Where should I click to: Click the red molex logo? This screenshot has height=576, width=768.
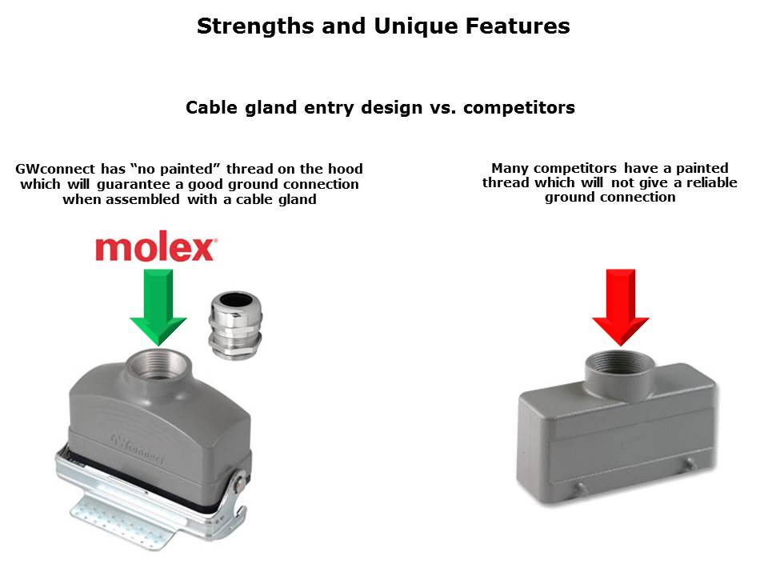pyautogui.click(x=156, y=249)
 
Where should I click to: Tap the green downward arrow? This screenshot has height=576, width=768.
pyautogui.click(x=158, y=306)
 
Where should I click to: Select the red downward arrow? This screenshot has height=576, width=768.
pyautogui.click(x=621, y=307)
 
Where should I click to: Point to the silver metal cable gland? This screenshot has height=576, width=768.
pyautogui.click(x=235, y=325)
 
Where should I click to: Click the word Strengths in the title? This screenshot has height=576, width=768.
pyautogui.click(x=255, y=26)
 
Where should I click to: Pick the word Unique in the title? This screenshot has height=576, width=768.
pyautogui.click(x=415, y=26)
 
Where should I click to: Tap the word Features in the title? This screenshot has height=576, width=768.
pyautogui.click(x=518, y=26)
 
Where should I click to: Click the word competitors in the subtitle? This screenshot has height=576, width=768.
pyautogui.click(x=519, y=108)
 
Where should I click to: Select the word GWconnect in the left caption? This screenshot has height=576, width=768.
pyautogui.click(x=55, y=169)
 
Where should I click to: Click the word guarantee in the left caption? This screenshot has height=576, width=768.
pyautogui.click(x=134, y=185)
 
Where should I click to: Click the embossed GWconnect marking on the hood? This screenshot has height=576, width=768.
pyautogui.click(x=138, y=448)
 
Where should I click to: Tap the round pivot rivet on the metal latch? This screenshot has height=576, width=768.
pyautogui.click(x=240, y=484)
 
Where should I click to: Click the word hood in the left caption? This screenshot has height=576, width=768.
pyautogui.click(x=346, y=169)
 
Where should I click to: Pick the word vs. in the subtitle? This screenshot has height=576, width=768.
pyautogui.click(x=442, y=108)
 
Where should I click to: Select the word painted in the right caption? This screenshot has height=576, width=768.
pyautogui.click(x=702, y=169)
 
